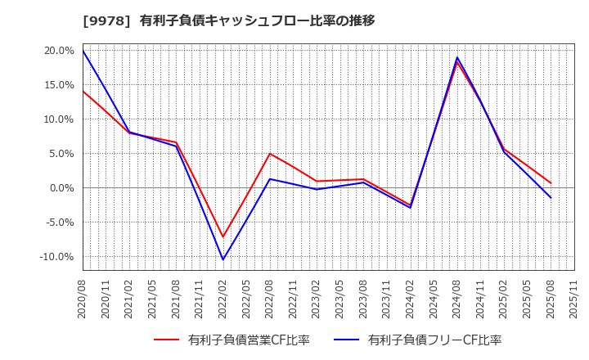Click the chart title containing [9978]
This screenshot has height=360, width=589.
229,20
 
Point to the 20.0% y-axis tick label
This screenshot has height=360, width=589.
59,51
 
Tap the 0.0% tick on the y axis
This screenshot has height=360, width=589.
62,188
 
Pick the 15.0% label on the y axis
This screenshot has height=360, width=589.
59,85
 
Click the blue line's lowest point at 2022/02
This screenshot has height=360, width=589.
223,260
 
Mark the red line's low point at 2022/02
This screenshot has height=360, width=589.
223,237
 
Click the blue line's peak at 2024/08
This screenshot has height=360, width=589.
457,57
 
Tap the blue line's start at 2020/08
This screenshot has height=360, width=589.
83,51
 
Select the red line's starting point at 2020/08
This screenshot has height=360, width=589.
83,91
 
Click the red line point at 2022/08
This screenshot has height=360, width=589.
270,154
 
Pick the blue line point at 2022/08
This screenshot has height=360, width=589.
270,179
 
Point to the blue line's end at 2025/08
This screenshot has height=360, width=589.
551,198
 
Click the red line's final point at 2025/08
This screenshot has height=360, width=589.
551,183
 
